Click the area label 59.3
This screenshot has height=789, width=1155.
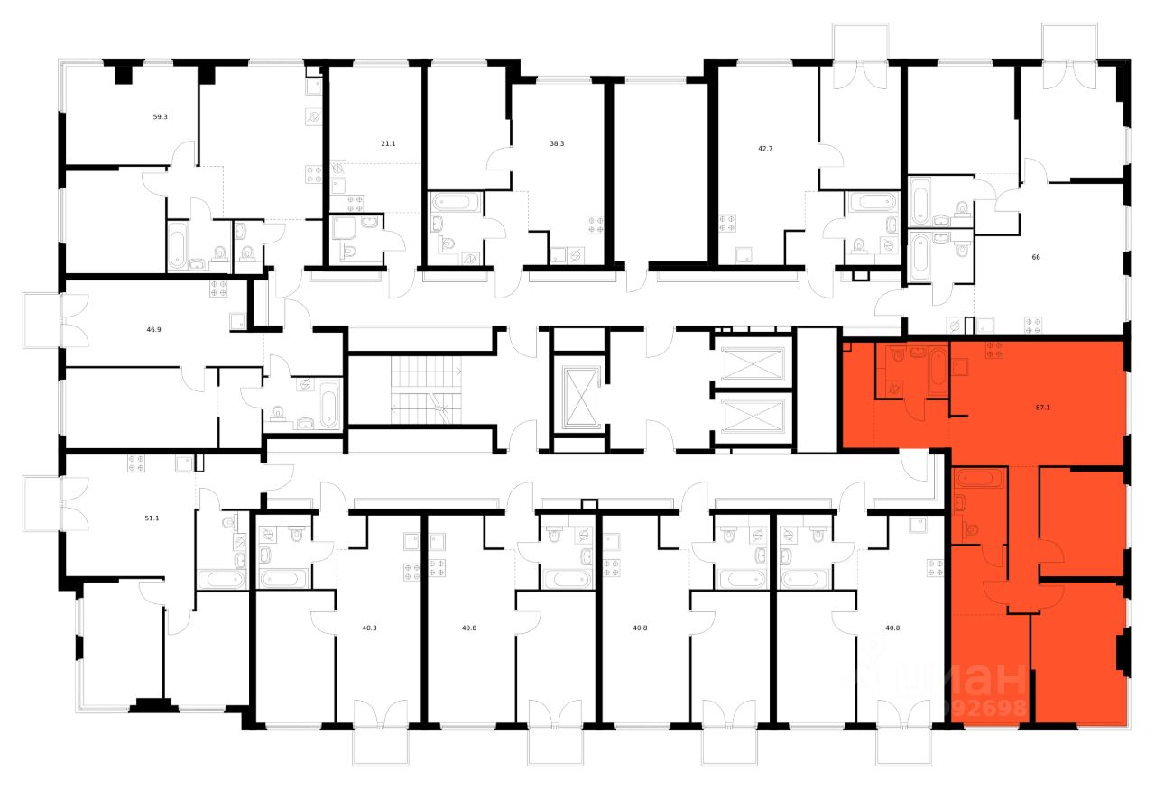tap(160, 116)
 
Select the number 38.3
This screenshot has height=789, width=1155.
tap(557, 142)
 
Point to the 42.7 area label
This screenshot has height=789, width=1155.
tap(753, 142)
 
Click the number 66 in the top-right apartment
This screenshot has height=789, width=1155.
tap(1036, 257)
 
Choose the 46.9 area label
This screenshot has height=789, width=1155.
tap(153, 330)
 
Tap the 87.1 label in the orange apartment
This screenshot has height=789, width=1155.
tap(1042, 408)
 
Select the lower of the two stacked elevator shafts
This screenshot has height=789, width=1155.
tap(751, 417)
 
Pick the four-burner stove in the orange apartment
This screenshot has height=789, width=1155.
tap(994, 349)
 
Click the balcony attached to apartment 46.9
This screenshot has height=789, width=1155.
tap(42, 321)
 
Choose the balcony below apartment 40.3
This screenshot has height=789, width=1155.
tap(379, 742)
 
